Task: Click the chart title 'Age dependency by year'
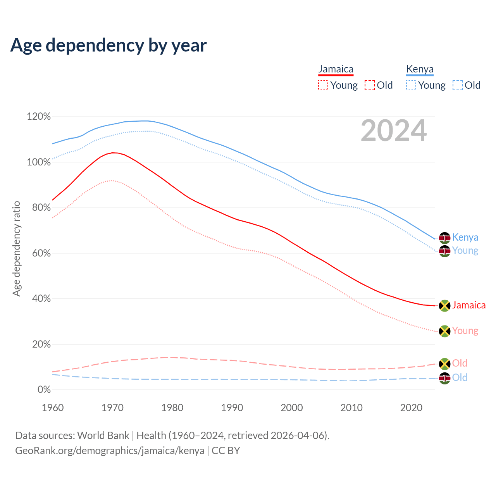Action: pyautogui.click(x=108, y=45)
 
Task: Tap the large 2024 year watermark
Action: pyautogui.click(x=394, y=131)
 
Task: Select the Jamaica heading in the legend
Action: pyautogui.click(x=336, y=69)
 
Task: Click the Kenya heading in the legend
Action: pyautogui.click(x=420, y=69)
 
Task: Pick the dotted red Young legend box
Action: pyautogui.click(x=323, y=85)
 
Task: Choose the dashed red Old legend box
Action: pyautogui.click(x=370, y=85)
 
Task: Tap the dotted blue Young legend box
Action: pyautogui.click(x=411, y=85)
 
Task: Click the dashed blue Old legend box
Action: pyautogui.click(x=458, y=85)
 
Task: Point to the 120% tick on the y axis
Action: pyautogui.click(x=39, y=117)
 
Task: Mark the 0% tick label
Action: pyautogui.click(x=44, y=390)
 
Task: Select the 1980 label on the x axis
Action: pyautogui.click(x=172, y=408)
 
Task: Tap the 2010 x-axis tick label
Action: pyautogui.click(x=351, y=408)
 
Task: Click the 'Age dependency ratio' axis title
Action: pyautogui.click(x=16, y=248)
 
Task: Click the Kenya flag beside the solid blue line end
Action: pyautogui.click(x=444, y=238)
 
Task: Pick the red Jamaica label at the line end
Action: pyautogui.click(x=468, y=305)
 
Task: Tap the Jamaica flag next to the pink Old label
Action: pyautogui.click(x=444, y=363)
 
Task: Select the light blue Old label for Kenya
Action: pyautogui.click(x=460, y=377)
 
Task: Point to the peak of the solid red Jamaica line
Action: pyautogui.click(x=113, y=153)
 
